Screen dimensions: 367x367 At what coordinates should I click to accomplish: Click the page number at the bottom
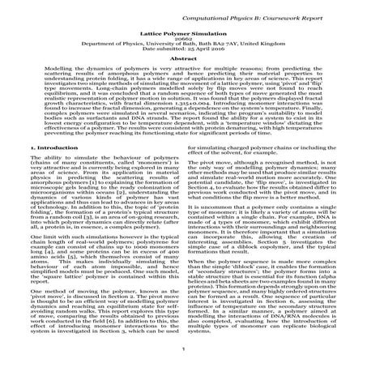[182, 361]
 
